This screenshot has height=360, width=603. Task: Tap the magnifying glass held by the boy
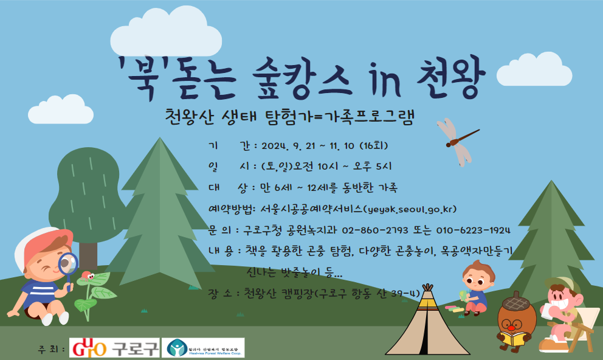[x=68, y=263]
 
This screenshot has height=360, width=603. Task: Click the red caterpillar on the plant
[x=87, y=277]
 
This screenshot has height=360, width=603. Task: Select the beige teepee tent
[x=427, y=322]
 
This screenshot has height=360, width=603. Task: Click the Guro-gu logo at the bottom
[x=115, y=348]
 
